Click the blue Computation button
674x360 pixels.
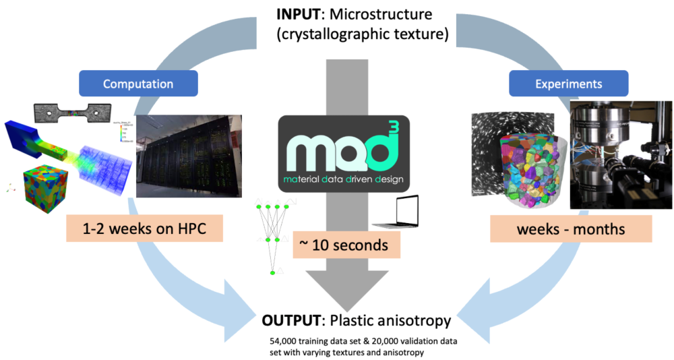tap(138, 84)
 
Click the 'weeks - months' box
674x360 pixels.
tap(570, 229)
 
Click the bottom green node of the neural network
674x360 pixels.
tap(272, 272)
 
